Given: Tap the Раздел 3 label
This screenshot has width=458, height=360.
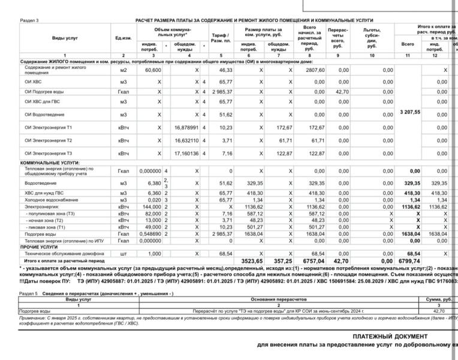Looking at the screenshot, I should pos(29,20).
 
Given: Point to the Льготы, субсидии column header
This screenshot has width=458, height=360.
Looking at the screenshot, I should pos(372,38).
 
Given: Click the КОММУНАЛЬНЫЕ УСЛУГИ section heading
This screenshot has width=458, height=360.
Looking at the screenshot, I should pos(50,163).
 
